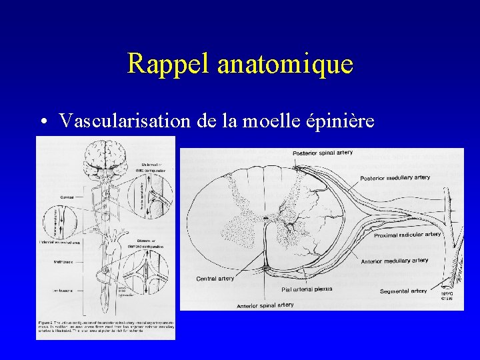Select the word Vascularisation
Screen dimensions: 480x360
(126, 121)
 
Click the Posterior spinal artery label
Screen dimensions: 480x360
(323, 153)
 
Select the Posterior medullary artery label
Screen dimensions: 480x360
(395, 178)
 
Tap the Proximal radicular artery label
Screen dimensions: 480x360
(407, 235)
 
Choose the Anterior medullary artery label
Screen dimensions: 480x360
(395, 261)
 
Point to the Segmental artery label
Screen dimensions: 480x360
(403, 291)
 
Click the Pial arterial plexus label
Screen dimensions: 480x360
(307, 289)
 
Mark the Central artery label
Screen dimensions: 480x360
(215, 278)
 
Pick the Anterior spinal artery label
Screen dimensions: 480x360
(265, 305)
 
